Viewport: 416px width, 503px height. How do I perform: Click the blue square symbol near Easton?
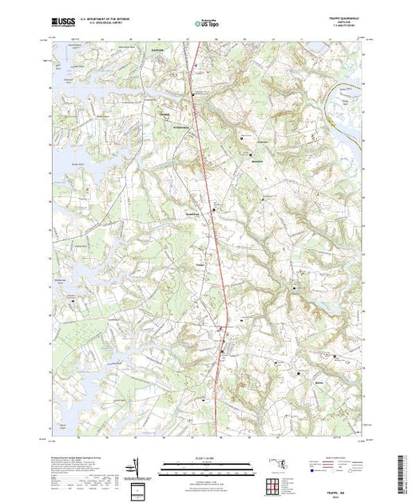196,65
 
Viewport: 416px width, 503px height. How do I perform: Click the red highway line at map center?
216,240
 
